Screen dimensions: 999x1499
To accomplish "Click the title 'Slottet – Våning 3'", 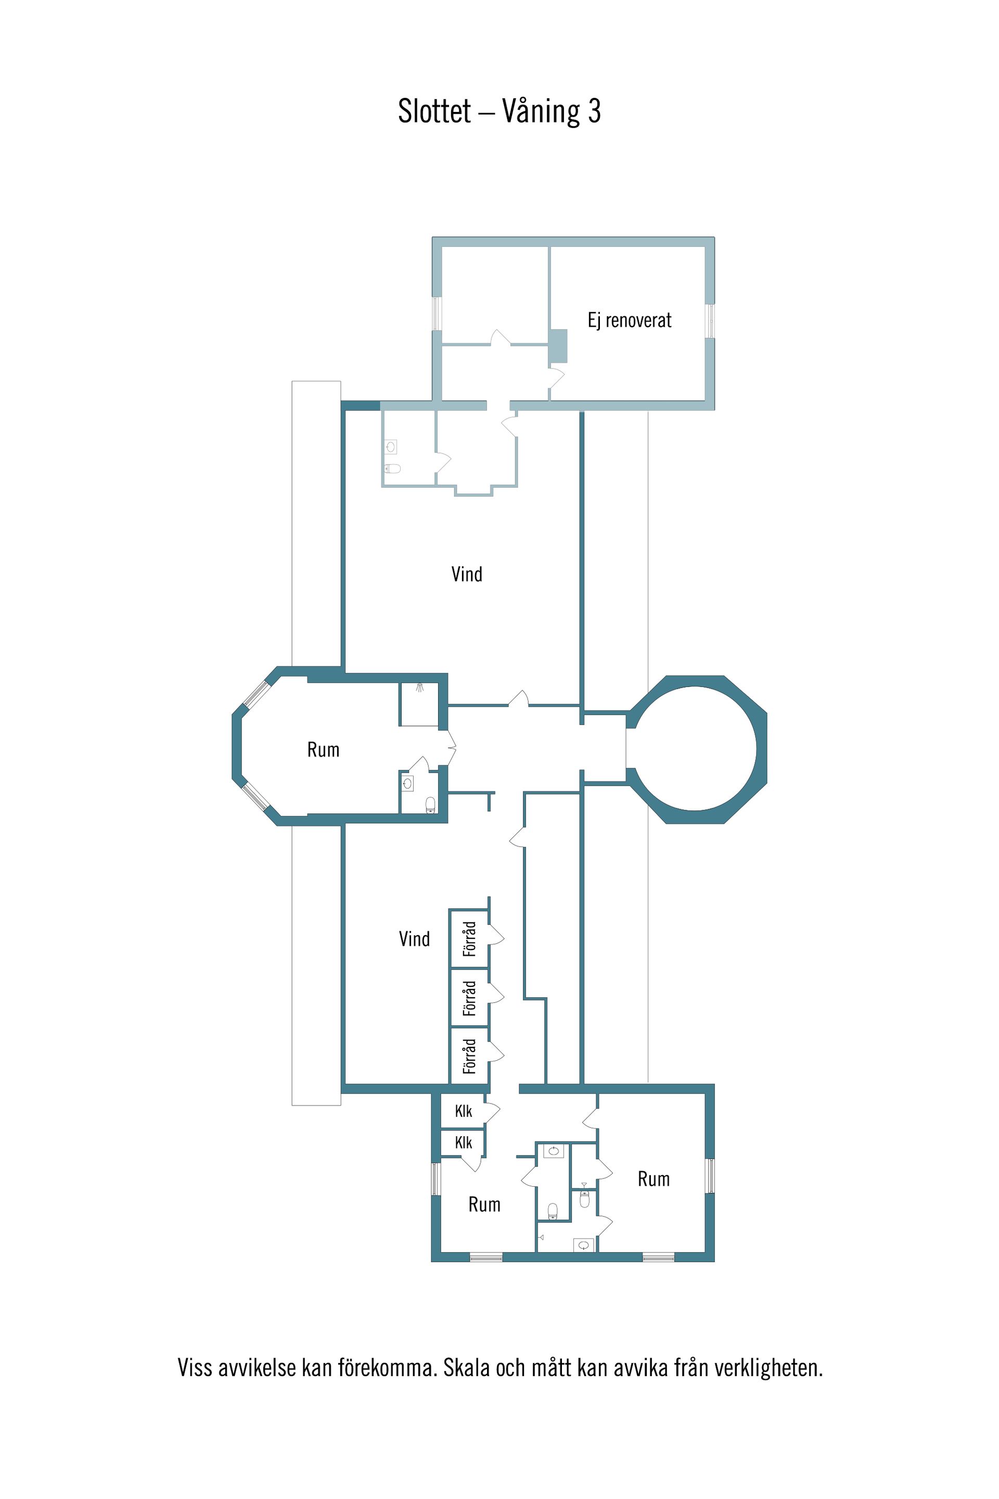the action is pyautogui.click(x=499, y=111).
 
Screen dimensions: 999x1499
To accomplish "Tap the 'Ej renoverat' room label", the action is pyautogui.click(x=630, y=321).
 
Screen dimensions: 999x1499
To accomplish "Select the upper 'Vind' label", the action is pyautogui.click(x=467, y=574).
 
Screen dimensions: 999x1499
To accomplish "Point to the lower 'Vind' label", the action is pyautogui.click(x=414, y=939).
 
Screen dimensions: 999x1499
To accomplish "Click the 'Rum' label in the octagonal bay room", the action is pyautogui.click(x=323, y=749).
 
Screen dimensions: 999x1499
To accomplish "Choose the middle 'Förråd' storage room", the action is pyautogui.click(x=469, y=998).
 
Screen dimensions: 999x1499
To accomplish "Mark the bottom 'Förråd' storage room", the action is pyautogui.click(x=469, y=1056).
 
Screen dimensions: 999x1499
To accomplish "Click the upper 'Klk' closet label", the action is pyautogui.click(x=463, y=1112).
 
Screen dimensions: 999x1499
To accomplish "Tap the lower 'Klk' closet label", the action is pyautogui.click(x=463, y=1143).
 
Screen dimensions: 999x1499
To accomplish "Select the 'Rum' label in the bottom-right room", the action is pyautogui.click(x=654, y=1179).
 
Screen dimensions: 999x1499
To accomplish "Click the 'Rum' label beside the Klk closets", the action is pyautogui.click(x=484, y=1204).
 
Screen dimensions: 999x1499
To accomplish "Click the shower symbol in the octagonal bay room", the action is pyautogui.click(x=420, y=687).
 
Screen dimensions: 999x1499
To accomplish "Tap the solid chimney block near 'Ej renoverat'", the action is pyautogui.click(x=558, y=346).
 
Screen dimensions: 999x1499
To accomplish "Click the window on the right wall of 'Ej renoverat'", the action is pyautogui.click(x=710, y=321).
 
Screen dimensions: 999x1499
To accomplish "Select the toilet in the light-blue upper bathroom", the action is pyautogui.click(x=393, y=469).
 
